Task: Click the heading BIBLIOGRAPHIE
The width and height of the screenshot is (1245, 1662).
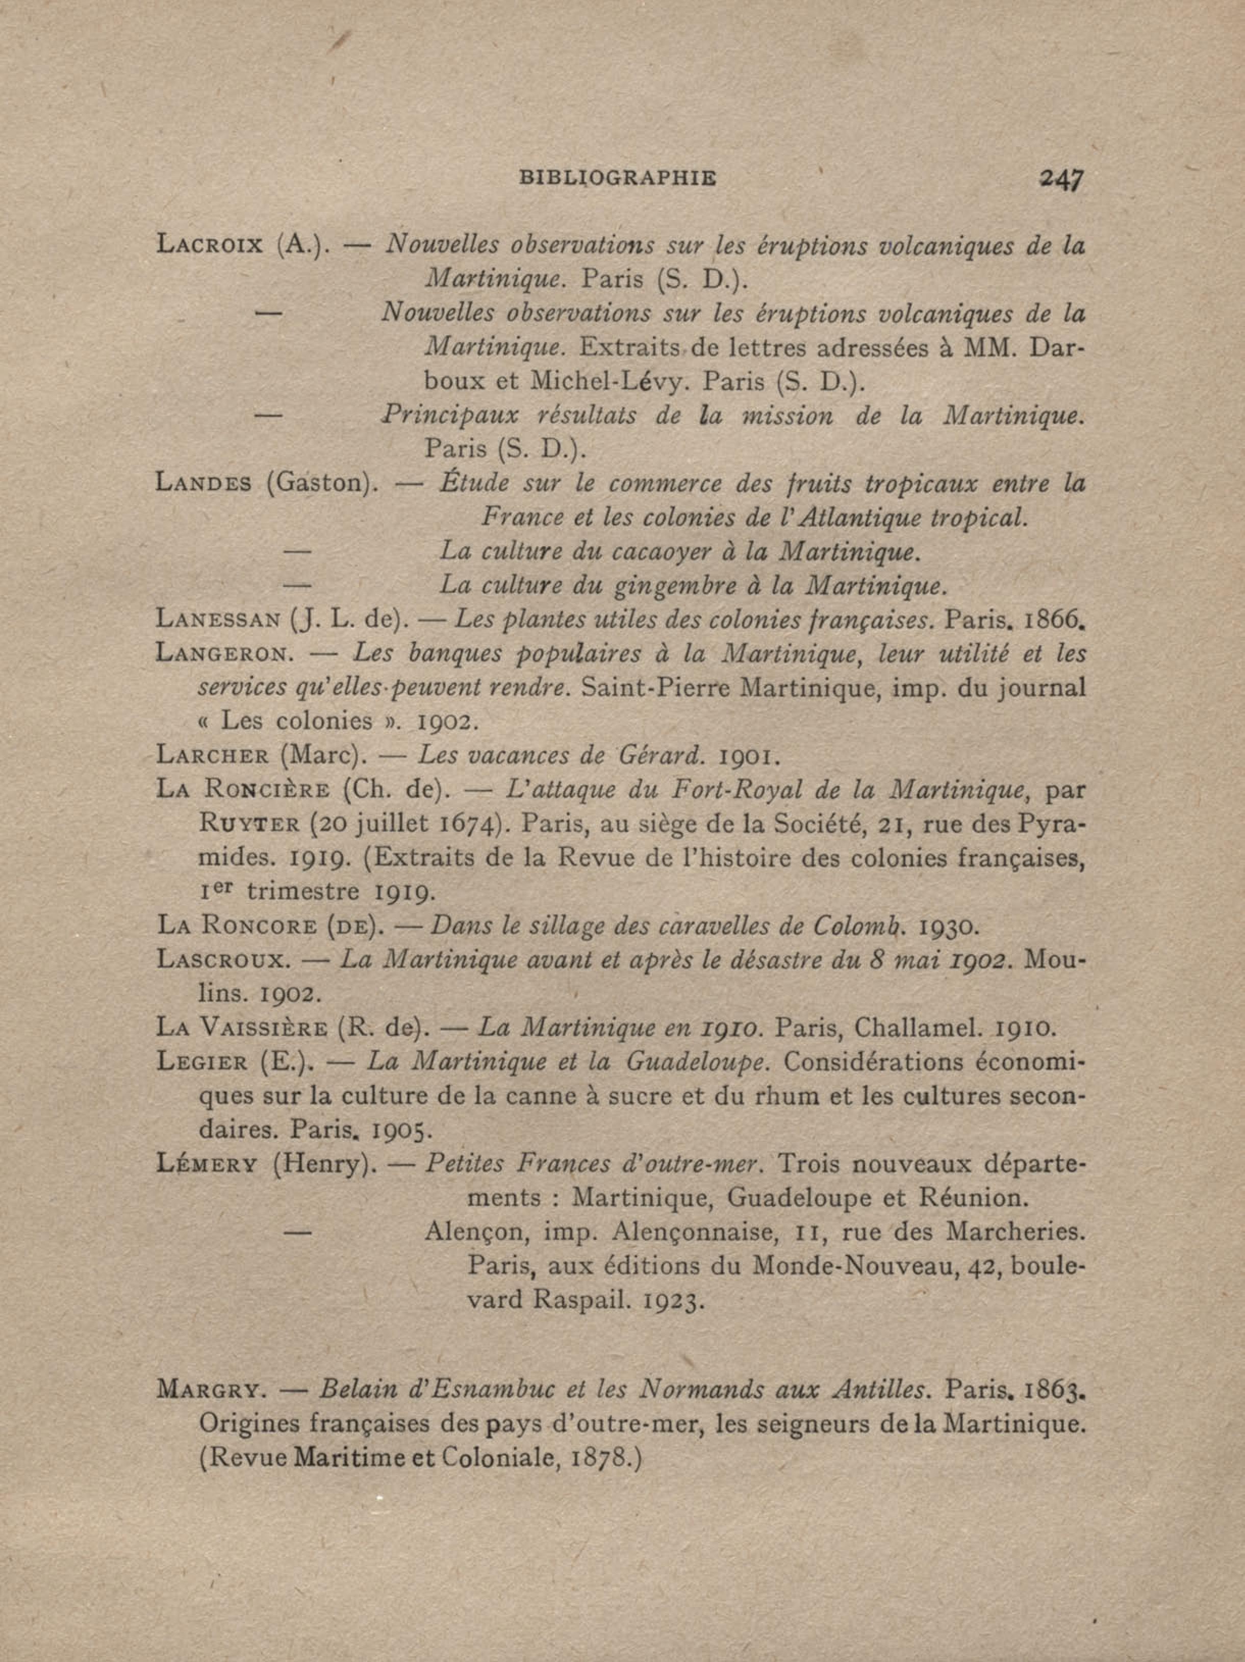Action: click(618, 178)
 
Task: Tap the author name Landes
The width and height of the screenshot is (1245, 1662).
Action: click(203, 482)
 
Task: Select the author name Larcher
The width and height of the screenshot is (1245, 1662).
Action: click(213, 754)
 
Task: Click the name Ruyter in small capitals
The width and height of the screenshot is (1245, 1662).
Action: click(249, 824)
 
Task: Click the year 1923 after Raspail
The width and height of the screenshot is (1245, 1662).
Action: click(673, 1300)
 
